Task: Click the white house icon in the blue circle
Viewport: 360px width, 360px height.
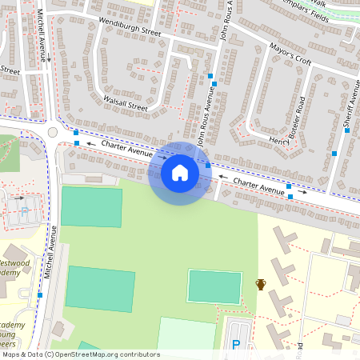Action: [180, 173]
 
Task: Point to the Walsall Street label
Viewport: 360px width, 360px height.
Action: [126, 103]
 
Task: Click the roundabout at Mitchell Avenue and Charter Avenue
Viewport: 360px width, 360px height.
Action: [53, 132]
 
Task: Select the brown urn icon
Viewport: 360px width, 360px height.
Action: [261, 284]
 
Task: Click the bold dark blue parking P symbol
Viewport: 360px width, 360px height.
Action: [236, 345]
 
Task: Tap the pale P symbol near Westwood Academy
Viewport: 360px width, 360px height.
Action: [24, 212]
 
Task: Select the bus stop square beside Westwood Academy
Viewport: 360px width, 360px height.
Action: [41, 295]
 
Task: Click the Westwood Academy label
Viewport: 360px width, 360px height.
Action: [14, 267]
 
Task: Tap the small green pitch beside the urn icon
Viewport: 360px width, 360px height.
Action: [214, 286]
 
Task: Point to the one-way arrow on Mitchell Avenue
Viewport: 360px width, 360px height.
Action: [48, 58]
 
